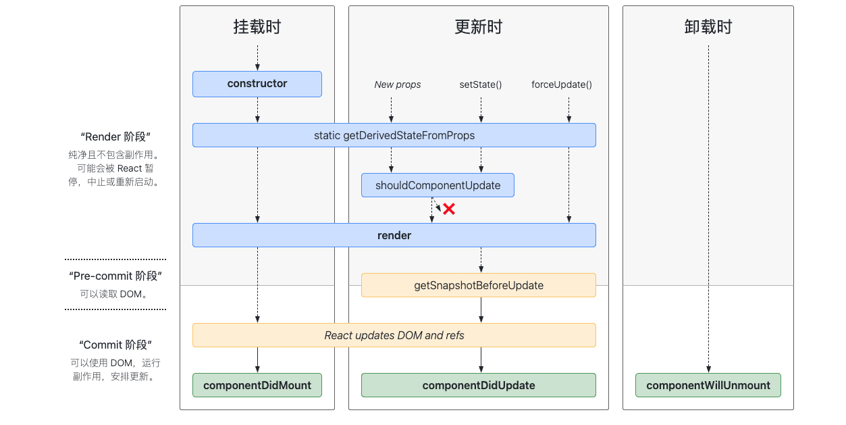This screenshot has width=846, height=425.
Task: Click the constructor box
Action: [x=257, y=84]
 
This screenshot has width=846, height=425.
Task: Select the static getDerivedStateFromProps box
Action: [x=394, y=135]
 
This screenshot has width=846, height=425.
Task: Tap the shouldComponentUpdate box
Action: [x=438, y=185]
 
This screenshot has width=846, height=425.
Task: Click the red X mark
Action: [x=449, y=209]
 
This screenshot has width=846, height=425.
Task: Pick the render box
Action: [x=394, y=235]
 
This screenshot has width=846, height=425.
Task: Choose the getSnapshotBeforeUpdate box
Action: [x=479, y=285]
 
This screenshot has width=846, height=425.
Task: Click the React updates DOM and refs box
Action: [x=394, y=335]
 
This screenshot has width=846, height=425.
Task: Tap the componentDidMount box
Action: [x=257, y=385]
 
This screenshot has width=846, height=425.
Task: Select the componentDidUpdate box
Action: [x=479, y=385]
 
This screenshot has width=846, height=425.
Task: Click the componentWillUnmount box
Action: [x=708, y=385]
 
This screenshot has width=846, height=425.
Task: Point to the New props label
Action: [x=397, y=84]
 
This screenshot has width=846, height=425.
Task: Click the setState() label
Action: [x=481, y=84]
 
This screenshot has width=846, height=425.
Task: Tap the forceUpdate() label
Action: [x=562, y=84]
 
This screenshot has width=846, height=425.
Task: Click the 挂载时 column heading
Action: [x=257, y=27]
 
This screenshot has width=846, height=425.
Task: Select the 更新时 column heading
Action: [x=479, y=27]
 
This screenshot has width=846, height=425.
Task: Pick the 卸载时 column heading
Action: [x=708, y=27]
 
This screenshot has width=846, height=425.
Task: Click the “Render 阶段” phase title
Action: [x=115, y=136]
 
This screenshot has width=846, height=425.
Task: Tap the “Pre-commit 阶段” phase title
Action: [x=115, y=276]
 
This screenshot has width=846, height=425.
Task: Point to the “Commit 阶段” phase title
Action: [x=115, y=345]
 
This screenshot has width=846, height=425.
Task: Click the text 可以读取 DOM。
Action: [x=114, y=294]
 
